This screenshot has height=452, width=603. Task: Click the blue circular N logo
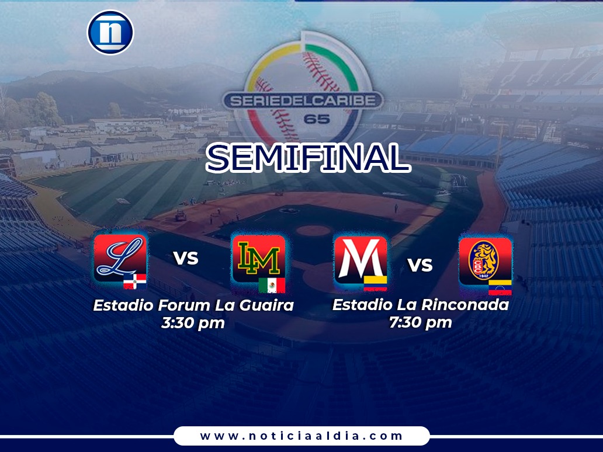(x=110, y=32)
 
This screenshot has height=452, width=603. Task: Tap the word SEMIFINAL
(x=308, y=158)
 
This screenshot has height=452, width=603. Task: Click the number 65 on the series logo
(x=317, y=119)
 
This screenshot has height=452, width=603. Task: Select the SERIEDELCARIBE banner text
(x=303, y=100)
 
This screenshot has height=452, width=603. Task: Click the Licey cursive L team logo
(x=120, y=258)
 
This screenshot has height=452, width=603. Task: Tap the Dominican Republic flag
(x=134, y=281)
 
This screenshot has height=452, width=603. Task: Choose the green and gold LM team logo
(x=259, y=258)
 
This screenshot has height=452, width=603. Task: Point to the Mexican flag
(x=272, y=285)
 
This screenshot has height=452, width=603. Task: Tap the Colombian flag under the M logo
(x=375, y=283)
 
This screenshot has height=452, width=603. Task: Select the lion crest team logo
(x=486, y=262)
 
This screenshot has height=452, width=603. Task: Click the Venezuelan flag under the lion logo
(x=500, y=287)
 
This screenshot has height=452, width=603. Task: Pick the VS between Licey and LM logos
(x=186, y=258)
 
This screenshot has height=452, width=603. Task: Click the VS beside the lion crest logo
(x=420, y=265)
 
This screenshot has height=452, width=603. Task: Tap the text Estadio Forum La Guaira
(x=193, y=305)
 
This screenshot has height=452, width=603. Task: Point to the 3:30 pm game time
(x=193, y=323)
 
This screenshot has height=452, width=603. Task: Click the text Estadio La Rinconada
(x=421, y=305)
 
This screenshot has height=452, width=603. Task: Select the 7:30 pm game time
(x=420, y=322)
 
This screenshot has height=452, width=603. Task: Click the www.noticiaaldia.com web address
(x=301, y=436)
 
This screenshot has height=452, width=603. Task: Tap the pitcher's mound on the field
(x=313, y=231)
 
